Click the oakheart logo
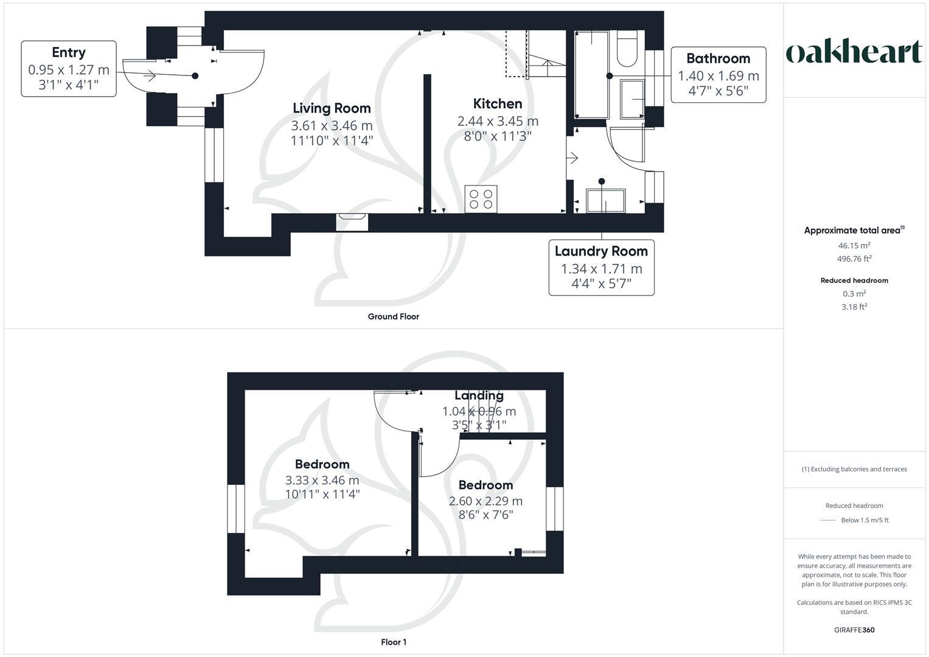click(854, 52)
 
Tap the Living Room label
click(332, 108)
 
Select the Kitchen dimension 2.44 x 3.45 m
click(498, 121)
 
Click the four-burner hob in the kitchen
click(481, 199)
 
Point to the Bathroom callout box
click(718, 74)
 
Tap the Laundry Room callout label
click(601, 251)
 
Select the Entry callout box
click(69, 69)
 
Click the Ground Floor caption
click(393, 316)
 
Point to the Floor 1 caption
click(394, 642)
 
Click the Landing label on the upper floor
click(479, 395)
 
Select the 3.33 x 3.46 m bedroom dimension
click(322, 480)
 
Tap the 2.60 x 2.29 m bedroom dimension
click(485, 501)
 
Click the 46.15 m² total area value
click(854, 246)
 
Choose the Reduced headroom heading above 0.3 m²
click(854, 280)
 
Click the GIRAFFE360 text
click(854, 630)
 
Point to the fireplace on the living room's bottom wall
click(352, 221)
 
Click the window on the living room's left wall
click(214, 155)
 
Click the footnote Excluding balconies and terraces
click(854, 469)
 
